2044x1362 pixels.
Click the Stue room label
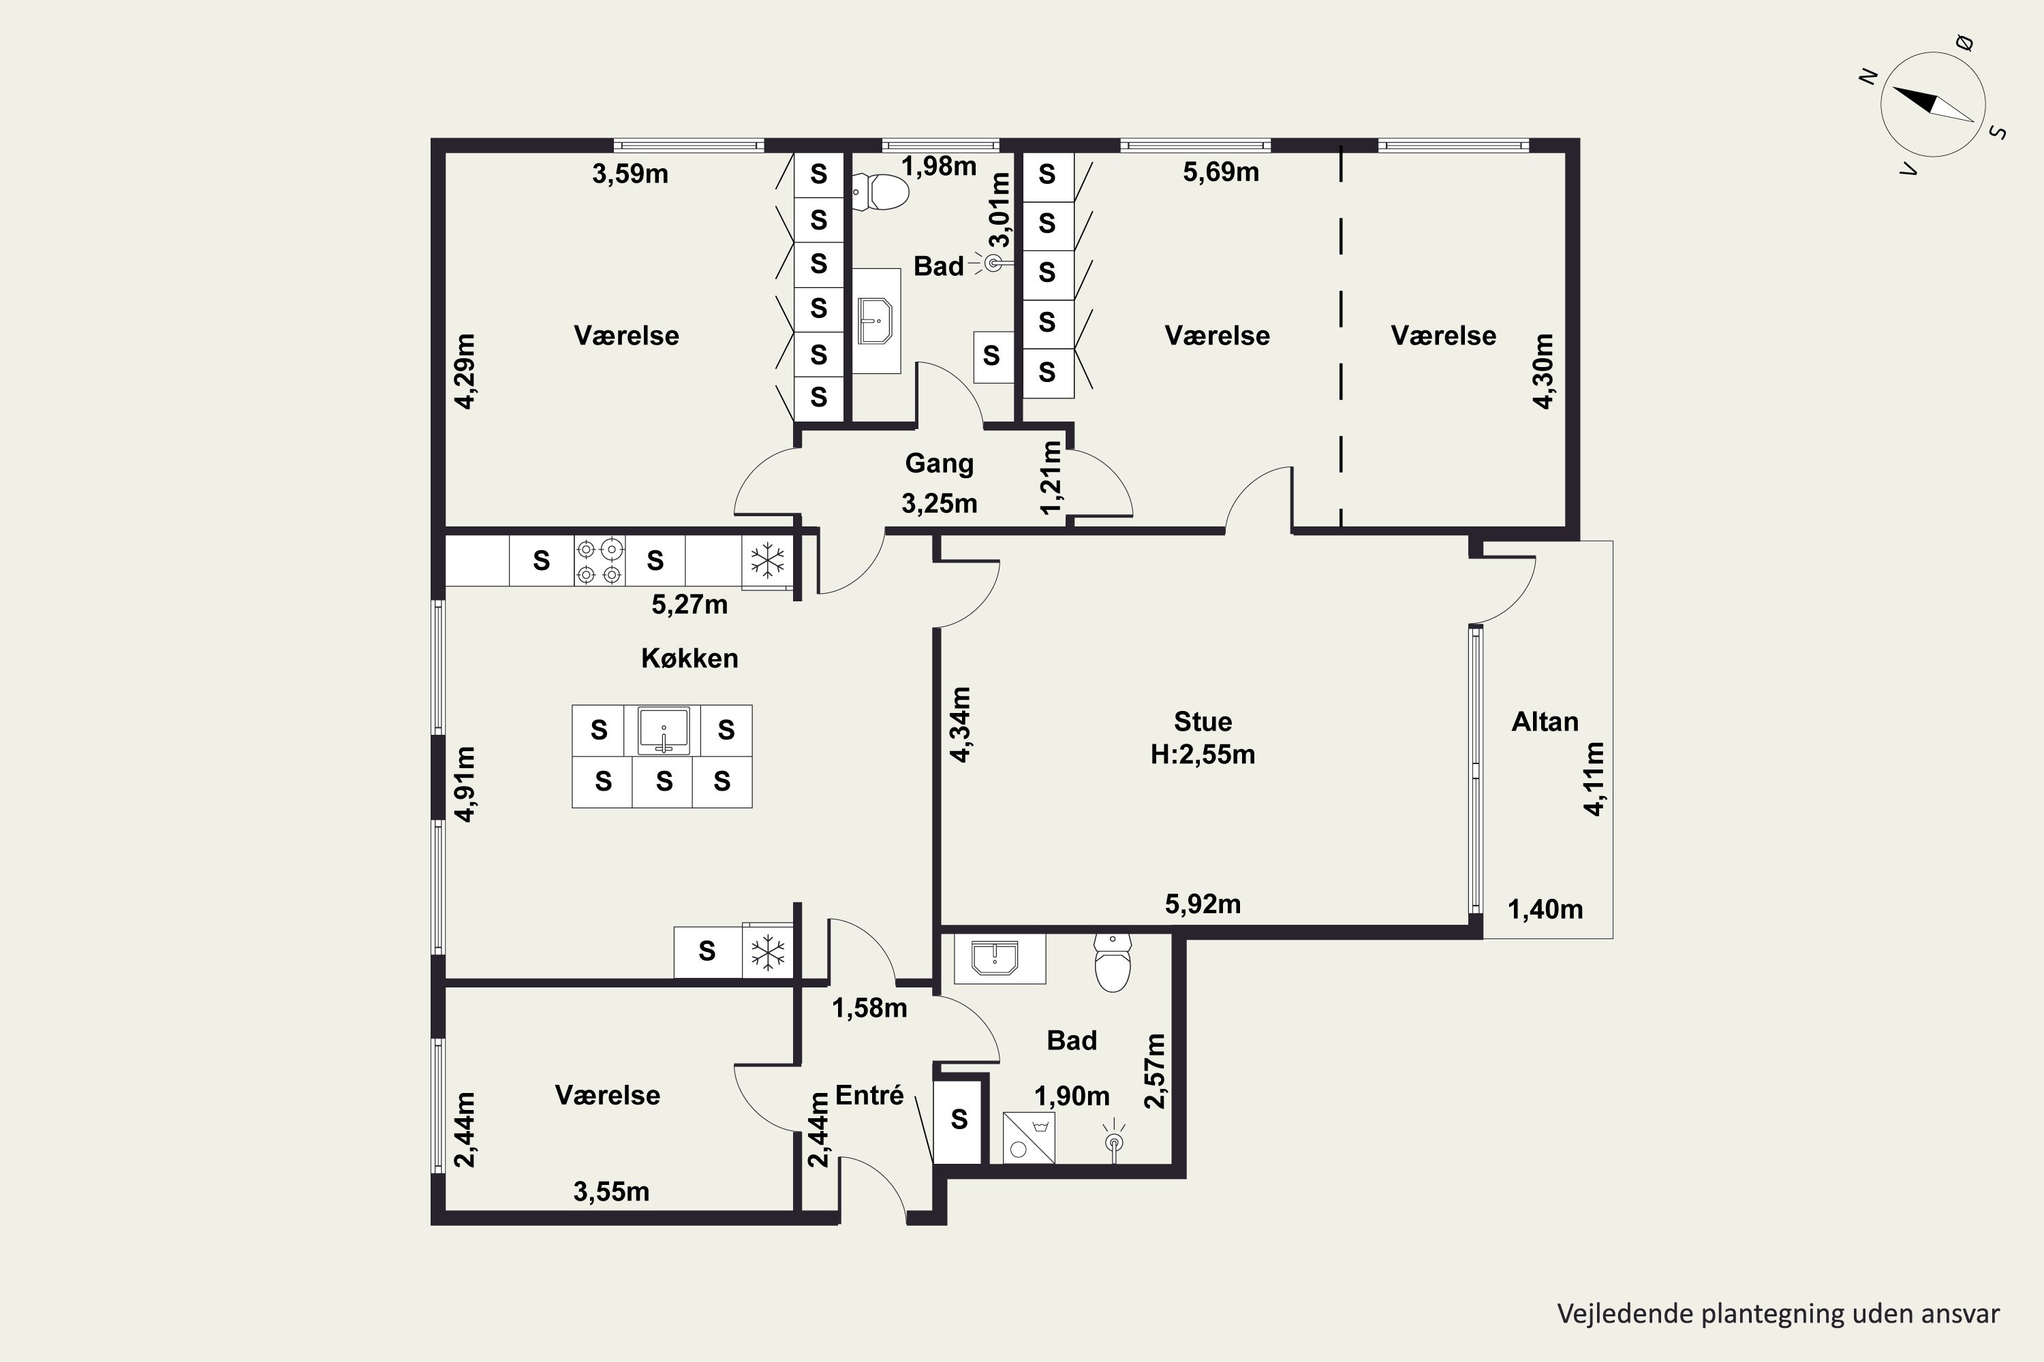point(1203,721)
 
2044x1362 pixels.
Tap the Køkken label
point(689,658)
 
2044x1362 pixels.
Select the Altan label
point(1545,721)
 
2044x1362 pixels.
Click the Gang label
point(940,463)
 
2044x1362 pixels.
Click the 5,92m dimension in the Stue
point(1203,904)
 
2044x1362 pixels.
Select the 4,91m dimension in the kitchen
point(466,784)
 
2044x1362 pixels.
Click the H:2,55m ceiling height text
point(1203,754)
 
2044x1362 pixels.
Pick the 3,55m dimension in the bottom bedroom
point(611,1192)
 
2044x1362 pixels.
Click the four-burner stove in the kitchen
point(600,561)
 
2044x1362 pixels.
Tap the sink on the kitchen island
point(663,731)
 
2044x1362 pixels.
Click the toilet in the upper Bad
point(880,192)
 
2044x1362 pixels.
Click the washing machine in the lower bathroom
point(1029,1138)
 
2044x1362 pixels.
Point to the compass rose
point(1933,104)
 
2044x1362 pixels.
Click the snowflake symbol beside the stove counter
point(767,560)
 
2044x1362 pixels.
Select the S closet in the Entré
point(959,1119)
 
